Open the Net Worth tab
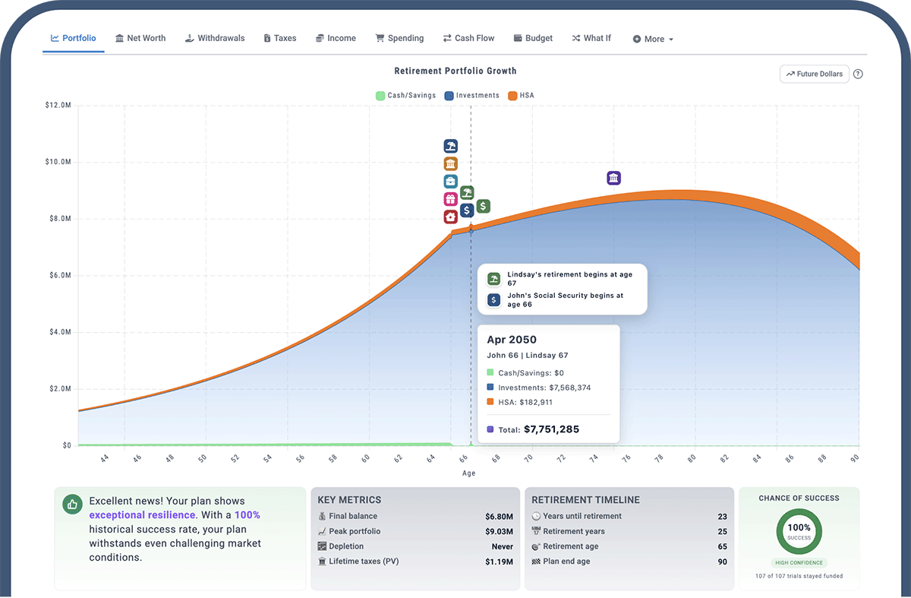pos(140,38)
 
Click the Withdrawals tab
pos(215,38)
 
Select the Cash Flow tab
pos(468,38)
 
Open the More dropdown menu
pos(653,39)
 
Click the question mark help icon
pos(858,74)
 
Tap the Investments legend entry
pos(471,96)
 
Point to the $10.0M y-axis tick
pos(58,162)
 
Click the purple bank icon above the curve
pos(614,178)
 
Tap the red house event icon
pos(450,217)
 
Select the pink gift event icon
pos(450,199)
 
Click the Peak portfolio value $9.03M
pos(499,531)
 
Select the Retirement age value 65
pos(722,546)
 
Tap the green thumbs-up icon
pos(73,504)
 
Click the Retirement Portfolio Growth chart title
pos(455,71)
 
